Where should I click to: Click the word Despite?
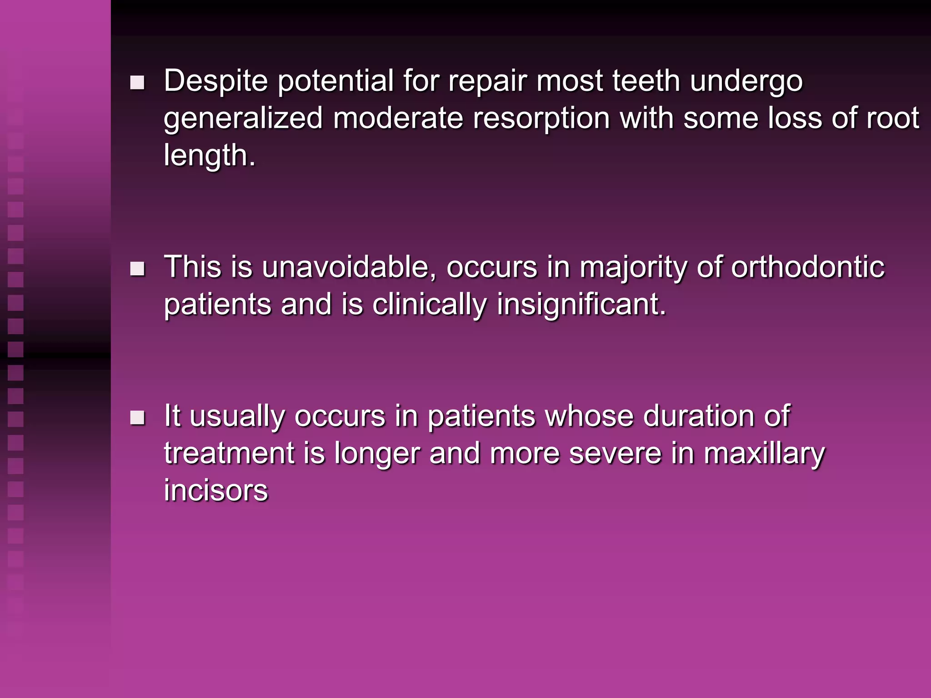[215, 81]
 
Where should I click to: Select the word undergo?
[746, 81]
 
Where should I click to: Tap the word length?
[209, 156]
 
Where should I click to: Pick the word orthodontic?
[807, 267]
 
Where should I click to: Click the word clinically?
[429, 305]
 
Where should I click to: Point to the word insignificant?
[581, 305]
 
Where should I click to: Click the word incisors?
[216, 491]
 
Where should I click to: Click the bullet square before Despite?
[137, 83]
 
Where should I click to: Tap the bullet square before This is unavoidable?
[137, 269]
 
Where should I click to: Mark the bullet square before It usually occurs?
[137, 418]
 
